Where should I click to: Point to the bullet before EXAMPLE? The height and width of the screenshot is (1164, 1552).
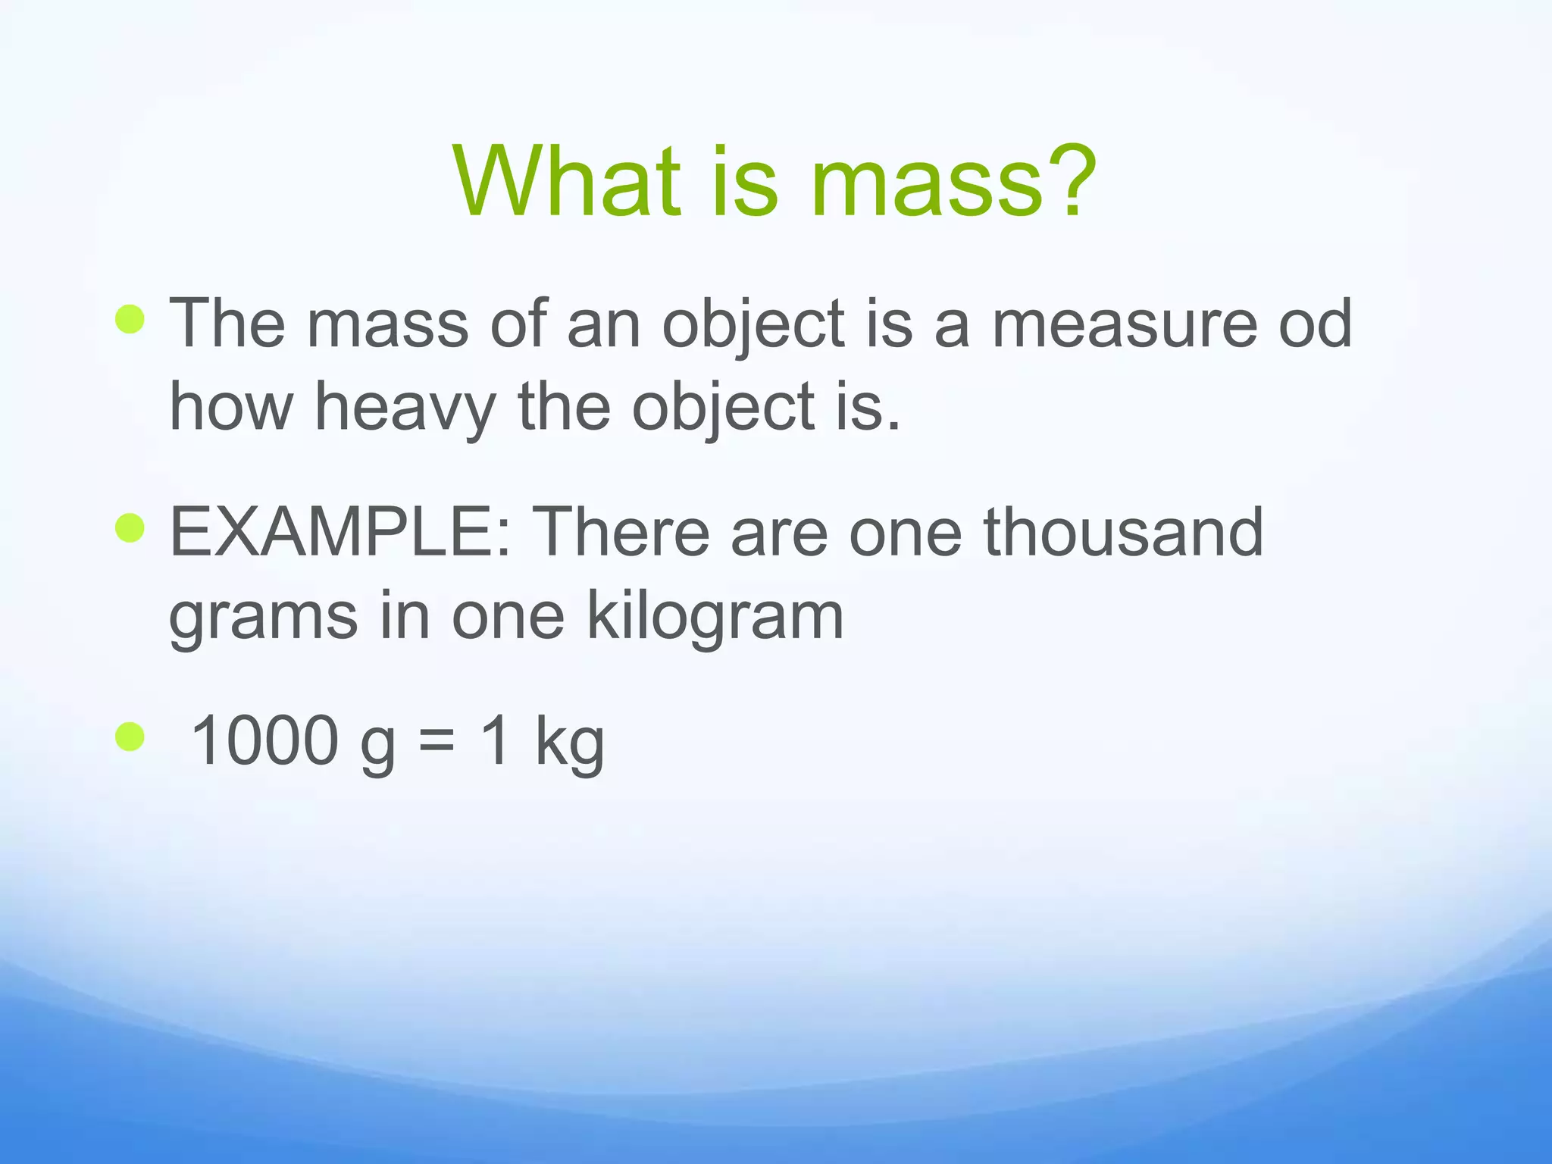130,528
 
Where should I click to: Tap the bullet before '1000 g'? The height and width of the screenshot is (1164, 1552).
130,737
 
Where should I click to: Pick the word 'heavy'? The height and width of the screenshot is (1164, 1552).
405,409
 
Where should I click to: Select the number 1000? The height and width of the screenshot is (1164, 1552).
264,740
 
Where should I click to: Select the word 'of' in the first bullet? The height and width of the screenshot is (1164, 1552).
518,324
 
